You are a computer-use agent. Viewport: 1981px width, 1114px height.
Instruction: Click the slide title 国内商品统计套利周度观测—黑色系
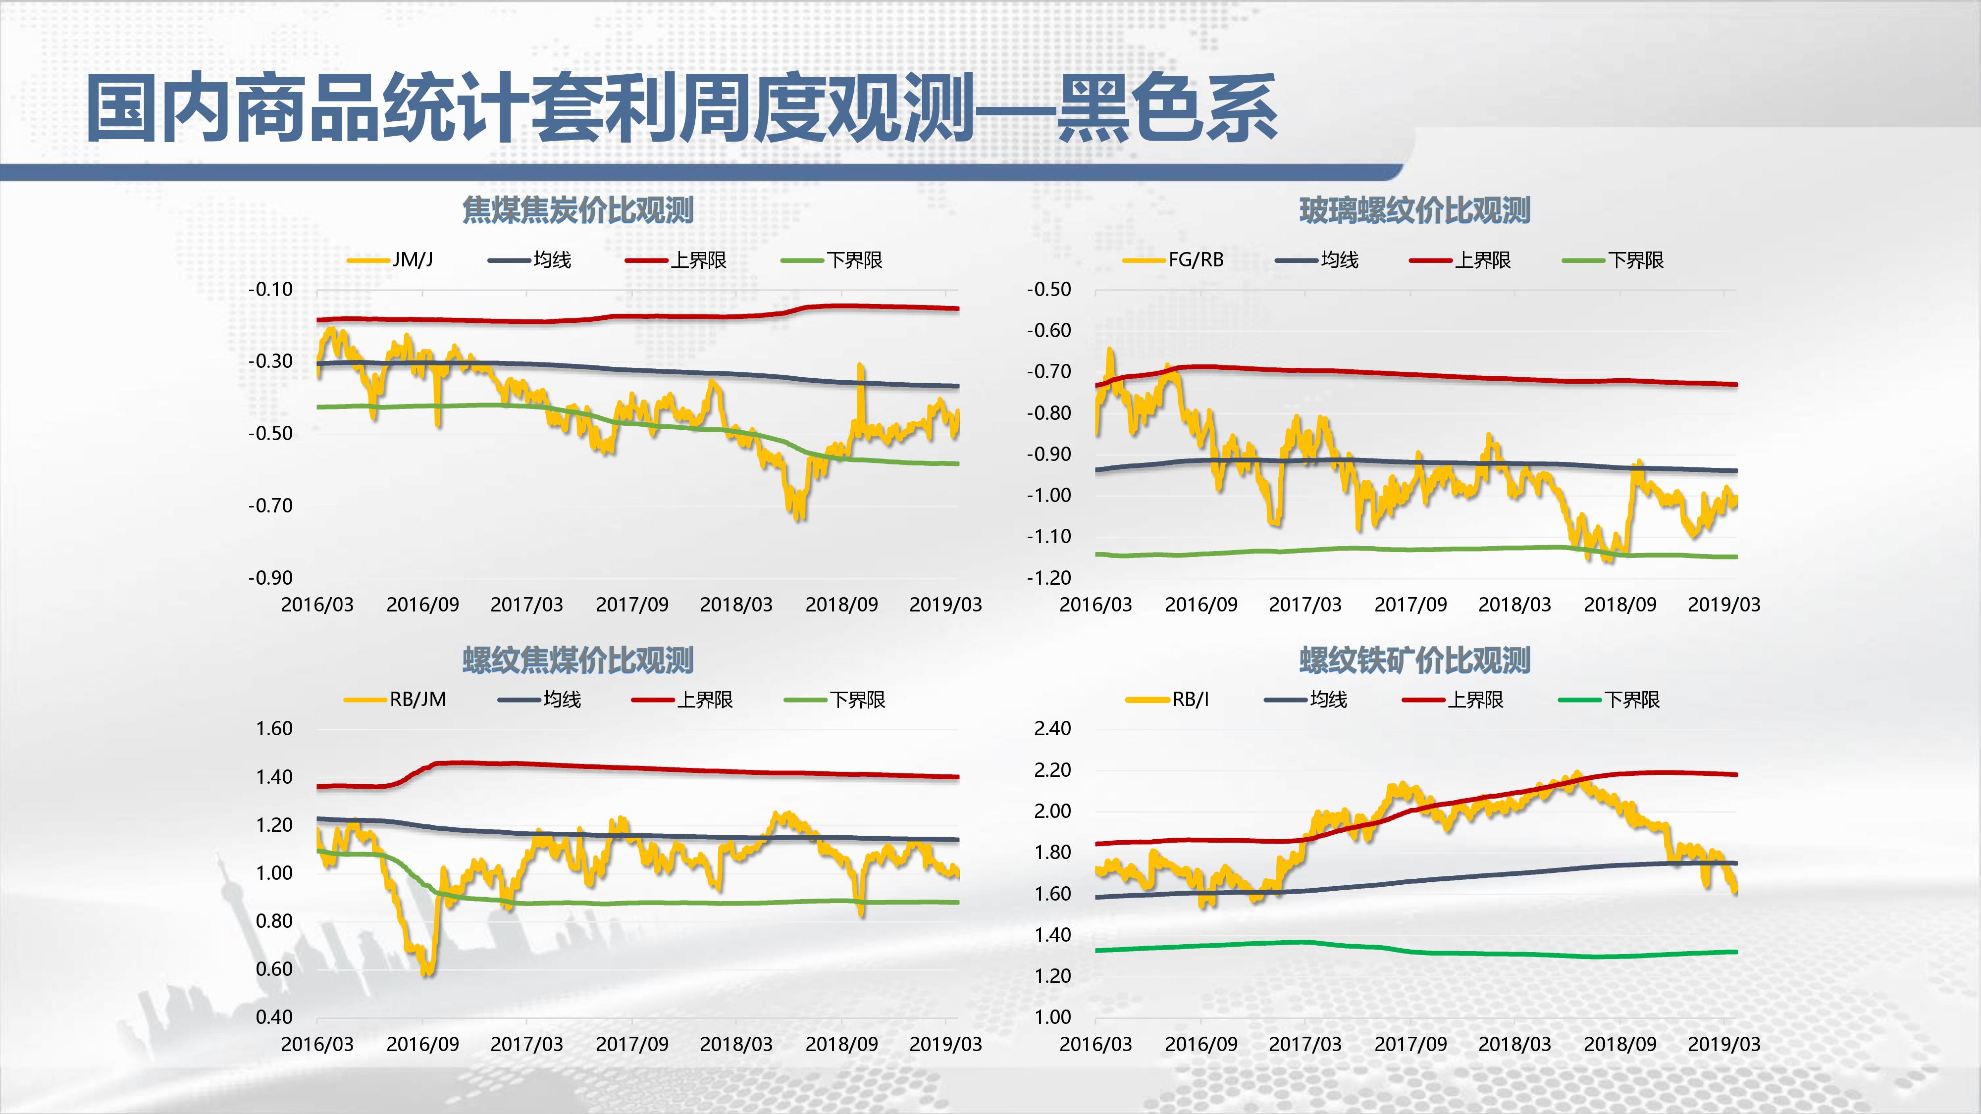(x=681, y=108)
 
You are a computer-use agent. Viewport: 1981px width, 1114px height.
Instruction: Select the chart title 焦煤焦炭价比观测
(x=577, y=210)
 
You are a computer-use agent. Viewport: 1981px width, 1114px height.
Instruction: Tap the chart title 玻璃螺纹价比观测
(x=1414, y=210)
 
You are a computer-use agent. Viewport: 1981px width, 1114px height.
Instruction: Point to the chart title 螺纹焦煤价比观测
(x=577, y=659)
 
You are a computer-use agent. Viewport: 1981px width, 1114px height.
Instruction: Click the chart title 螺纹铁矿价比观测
(x=1414, y=659)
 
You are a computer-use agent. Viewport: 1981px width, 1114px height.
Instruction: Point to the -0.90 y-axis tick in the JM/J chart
(x=271, y=577)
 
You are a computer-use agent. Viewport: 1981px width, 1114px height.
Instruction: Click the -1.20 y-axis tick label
(x=1049, y=577)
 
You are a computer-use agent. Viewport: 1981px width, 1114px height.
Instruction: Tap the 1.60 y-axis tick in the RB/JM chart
(x=274, y=728)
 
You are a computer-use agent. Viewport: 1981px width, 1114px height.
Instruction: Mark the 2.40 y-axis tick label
(x=1053, y=728)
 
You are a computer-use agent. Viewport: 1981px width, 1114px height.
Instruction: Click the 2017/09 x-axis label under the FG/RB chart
(x=1410, y=604)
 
